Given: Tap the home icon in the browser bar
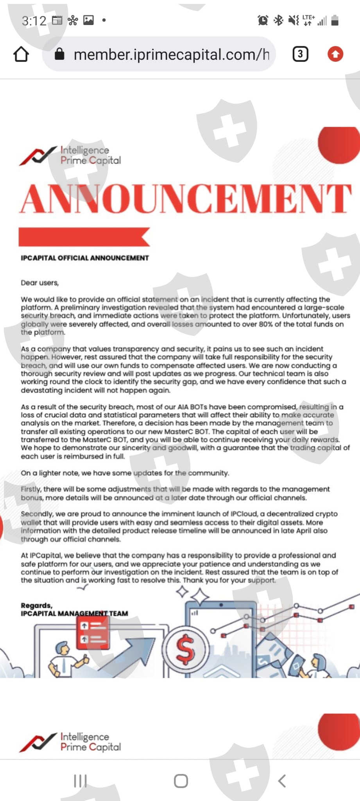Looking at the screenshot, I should click(x=21, y=54).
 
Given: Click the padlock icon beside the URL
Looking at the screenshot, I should click(x=59, y=54).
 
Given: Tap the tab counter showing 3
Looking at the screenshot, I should click(x=300, y=54).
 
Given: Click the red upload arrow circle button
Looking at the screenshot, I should click(x=335, y=54).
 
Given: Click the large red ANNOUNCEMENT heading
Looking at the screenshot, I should click(x=186, y=198).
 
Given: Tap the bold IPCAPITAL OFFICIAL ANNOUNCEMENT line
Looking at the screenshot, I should click(x=85, y=258).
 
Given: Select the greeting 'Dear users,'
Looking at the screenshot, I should click(x=40, y=283).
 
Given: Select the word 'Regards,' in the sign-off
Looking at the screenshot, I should click(x=36, y=605).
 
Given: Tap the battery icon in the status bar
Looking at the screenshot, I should click(x=335, y=20).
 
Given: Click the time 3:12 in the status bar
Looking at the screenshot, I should click(x=34, y=21).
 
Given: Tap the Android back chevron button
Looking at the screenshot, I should click(x=282, y=781).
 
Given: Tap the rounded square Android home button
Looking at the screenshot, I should click(x=181, y=781).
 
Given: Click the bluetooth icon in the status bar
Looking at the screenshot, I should click(x=278, y=20).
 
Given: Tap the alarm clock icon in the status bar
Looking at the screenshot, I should click(x=263, y=20).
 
